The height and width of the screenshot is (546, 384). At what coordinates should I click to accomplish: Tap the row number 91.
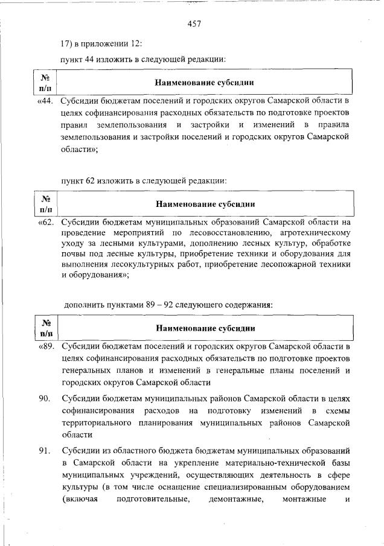click(x=44, y=451)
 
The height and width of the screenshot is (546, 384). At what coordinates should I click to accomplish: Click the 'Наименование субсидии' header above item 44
click(x=205, y=82)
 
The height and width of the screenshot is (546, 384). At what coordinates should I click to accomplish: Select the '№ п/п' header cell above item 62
click(x=45, y=204)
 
